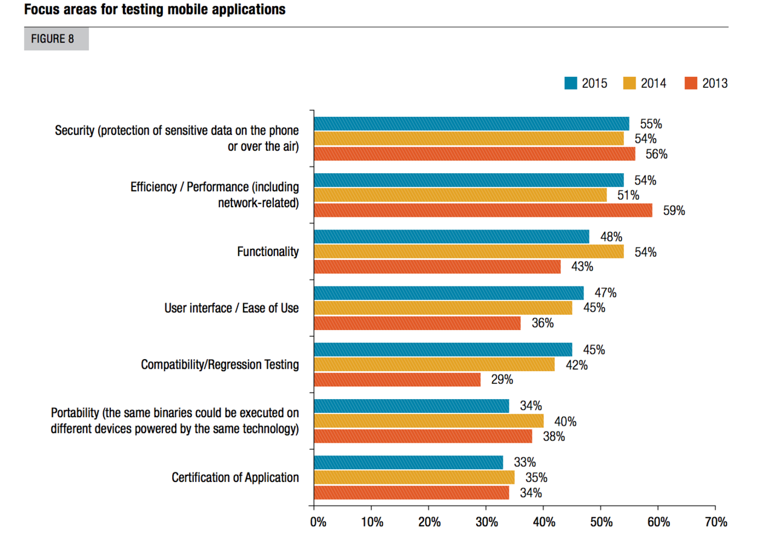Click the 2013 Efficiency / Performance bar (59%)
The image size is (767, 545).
[483, 210]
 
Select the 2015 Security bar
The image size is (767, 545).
[471, 124]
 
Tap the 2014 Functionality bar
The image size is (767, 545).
[468, 251]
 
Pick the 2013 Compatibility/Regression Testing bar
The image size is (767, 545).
[397, 380]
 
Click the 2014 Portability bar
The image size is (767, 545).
[428, 421]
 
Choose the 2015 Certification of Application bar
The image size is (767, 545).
[408, 463]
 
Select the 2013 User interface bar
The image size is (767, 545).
[417, 323]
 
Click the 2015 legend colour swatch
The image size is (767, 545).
[570, 84]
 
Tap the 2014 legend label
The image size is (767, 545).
[654, 84]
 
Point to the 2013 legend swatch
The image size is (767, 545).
[691, 84]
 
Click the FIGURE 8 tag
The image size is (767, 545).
[56, 39]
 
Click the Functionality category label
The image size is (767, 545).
[268, 251]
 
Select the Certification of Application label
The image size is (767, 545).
[235, 477]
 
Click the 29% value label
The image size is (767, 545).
[502, 380]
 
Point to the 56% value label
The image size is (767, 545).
[656, 154]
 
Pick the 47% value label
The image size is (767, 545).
[605, 293]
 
